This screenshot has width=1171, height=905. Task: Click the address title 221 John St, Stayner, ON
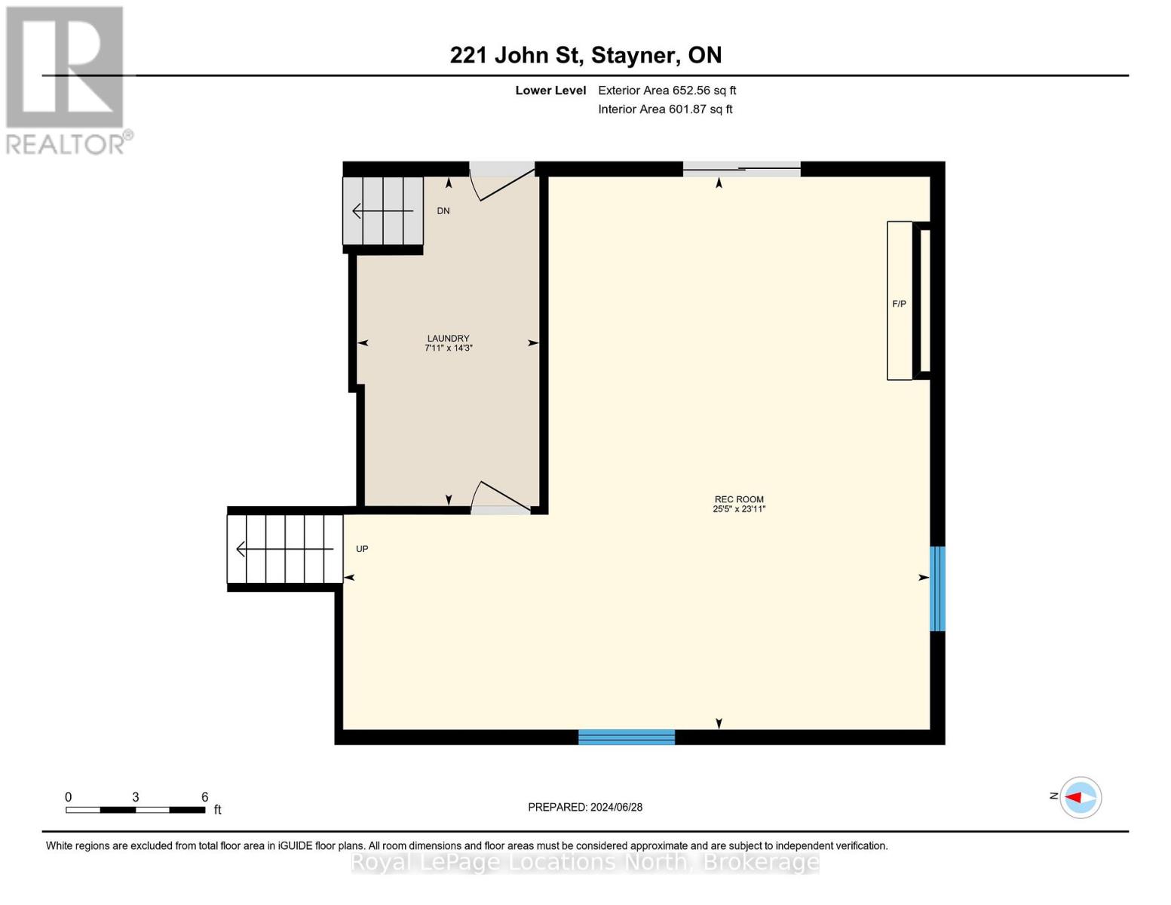(585, 55)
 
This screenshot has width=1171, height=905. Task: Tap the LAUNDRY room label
(449, 343)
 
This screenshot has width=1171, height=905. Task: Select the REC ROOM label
(739, 504)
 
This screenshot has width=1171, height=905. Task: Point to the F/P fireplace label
(899, 304)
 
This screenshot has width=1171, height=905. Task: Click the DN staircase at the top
(383, 211)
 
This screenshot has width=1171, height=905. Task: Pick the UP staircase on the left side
(285, 549)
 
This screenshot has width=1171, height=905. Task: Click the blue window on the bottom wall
(626, 737)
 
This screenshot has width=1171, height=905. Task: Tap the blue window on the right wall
(936, 588)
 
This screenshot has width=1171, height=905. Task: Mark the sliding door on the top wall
(741, 170)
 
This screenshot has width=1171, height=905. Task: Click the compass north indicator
(1080, 797)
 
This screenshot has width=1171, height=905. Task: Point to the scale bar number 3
(136, 797)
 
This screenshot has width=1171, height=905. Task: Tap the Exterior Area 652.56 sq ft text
(667, 90)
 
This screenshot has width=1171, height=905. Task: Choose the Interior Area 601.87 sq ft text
(665, 109)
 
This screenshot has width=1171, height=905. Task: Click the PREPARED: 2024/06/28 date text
(585, 807)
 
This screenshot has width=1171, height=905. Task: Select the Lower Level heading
(550, 90)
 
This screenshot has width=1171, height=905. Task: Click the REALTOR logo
(66, 79)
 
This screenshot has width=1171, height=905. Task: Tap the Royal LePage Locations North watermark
(585, 862)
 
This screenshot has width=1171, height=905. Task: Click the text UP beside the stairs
(362, 549)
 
